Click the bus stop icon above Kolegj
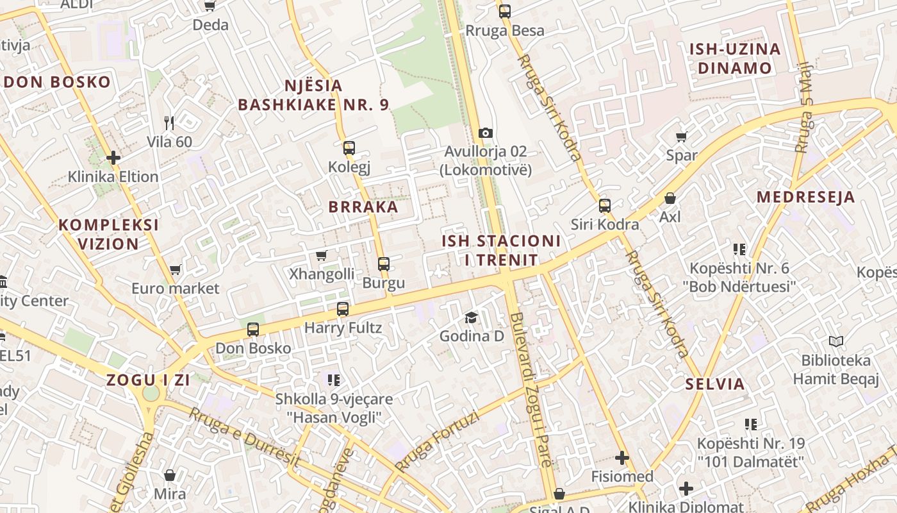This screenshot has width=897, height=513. pos(349,148)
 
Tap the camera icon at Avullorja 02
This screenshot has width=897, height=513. pos(486,133)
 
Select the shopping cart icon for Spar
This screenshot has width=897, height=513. pos(681,137)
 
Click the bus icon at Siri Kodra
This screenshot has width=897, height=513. pos(604,206)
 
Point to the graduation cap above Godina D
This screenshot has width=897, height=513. pos(471,317)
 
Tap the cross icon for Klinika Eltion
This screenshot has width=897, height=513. pos(113,158)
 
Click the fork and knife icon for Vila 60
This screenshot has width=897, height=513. pos(169,122)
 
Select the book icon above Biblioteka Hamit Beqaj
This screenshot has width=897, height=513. pos(835,341)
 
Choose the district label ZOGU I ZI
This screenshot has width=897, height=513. pos(148,380)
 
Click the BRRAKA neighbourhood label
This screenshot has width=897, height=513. pos(363,207)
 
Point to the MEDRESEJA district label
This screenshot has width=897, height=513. pos(805,197)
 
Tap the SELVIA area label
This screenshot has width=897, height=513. pos(715,384)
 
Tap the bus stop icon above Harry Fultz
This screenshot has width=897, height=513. pos(343,309)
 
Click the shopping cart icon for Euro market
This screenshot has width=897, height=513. pos(175,270)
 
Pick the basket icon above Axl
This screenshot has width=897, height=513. pos(670,198)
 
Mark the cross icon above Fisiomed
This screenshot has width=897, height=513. pos(621,458)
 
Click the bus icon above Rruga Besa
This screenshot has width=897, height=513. pos(504,12)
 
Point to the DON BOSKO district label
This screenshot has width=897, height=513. pos(58,82)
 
